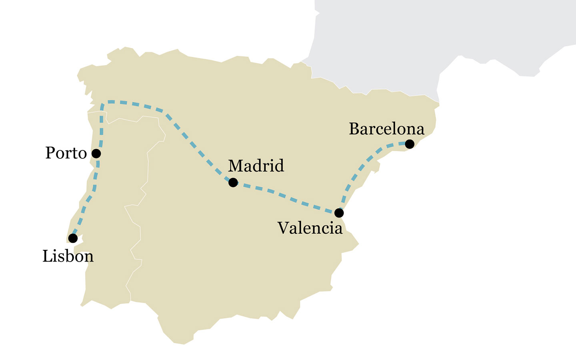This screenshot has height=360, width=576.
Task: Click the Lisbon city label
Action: (x=68, y=256)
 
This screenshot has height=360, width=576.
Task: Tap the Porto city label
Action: (x=66, y=153)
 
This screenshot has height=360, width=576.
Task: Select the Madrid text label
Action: (x=256, y=166)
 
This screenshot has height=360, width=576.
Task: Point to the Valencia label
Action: (x=310, y=228)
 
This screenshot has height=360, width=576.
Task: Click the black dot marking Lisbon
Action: (x=73, y=238)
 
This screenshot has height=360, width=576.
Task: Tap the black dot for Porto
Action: (x=96, y=154)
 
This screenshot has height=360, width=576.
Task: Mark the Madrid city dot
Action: (x=233, y=182)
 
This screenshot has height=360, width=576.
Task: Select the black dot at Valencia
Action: (x=339, y=213)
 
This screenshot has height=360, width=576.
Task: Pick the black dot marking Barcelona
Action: (x=410, y=144)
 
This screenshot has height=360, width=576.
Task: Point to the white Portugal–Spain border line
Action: (x=148, y=168)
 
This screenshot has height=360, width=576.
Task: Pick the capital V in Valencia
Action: (x=283, y=228)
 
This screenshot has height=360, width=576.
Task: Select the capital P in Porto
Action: (x=50, y=153)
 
